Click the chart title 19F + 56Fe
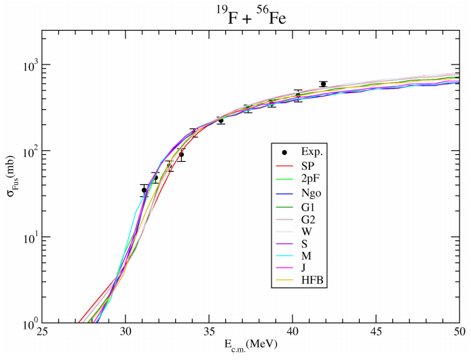point(249,16)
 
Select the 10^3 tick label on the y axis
point(29,66)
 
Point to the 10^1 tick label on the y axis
point(29,238)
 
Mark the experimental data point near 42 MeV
point(323,84)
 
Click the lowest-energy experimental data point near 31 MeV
point(144,190)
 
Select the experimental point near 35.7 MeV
point(221,121)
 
